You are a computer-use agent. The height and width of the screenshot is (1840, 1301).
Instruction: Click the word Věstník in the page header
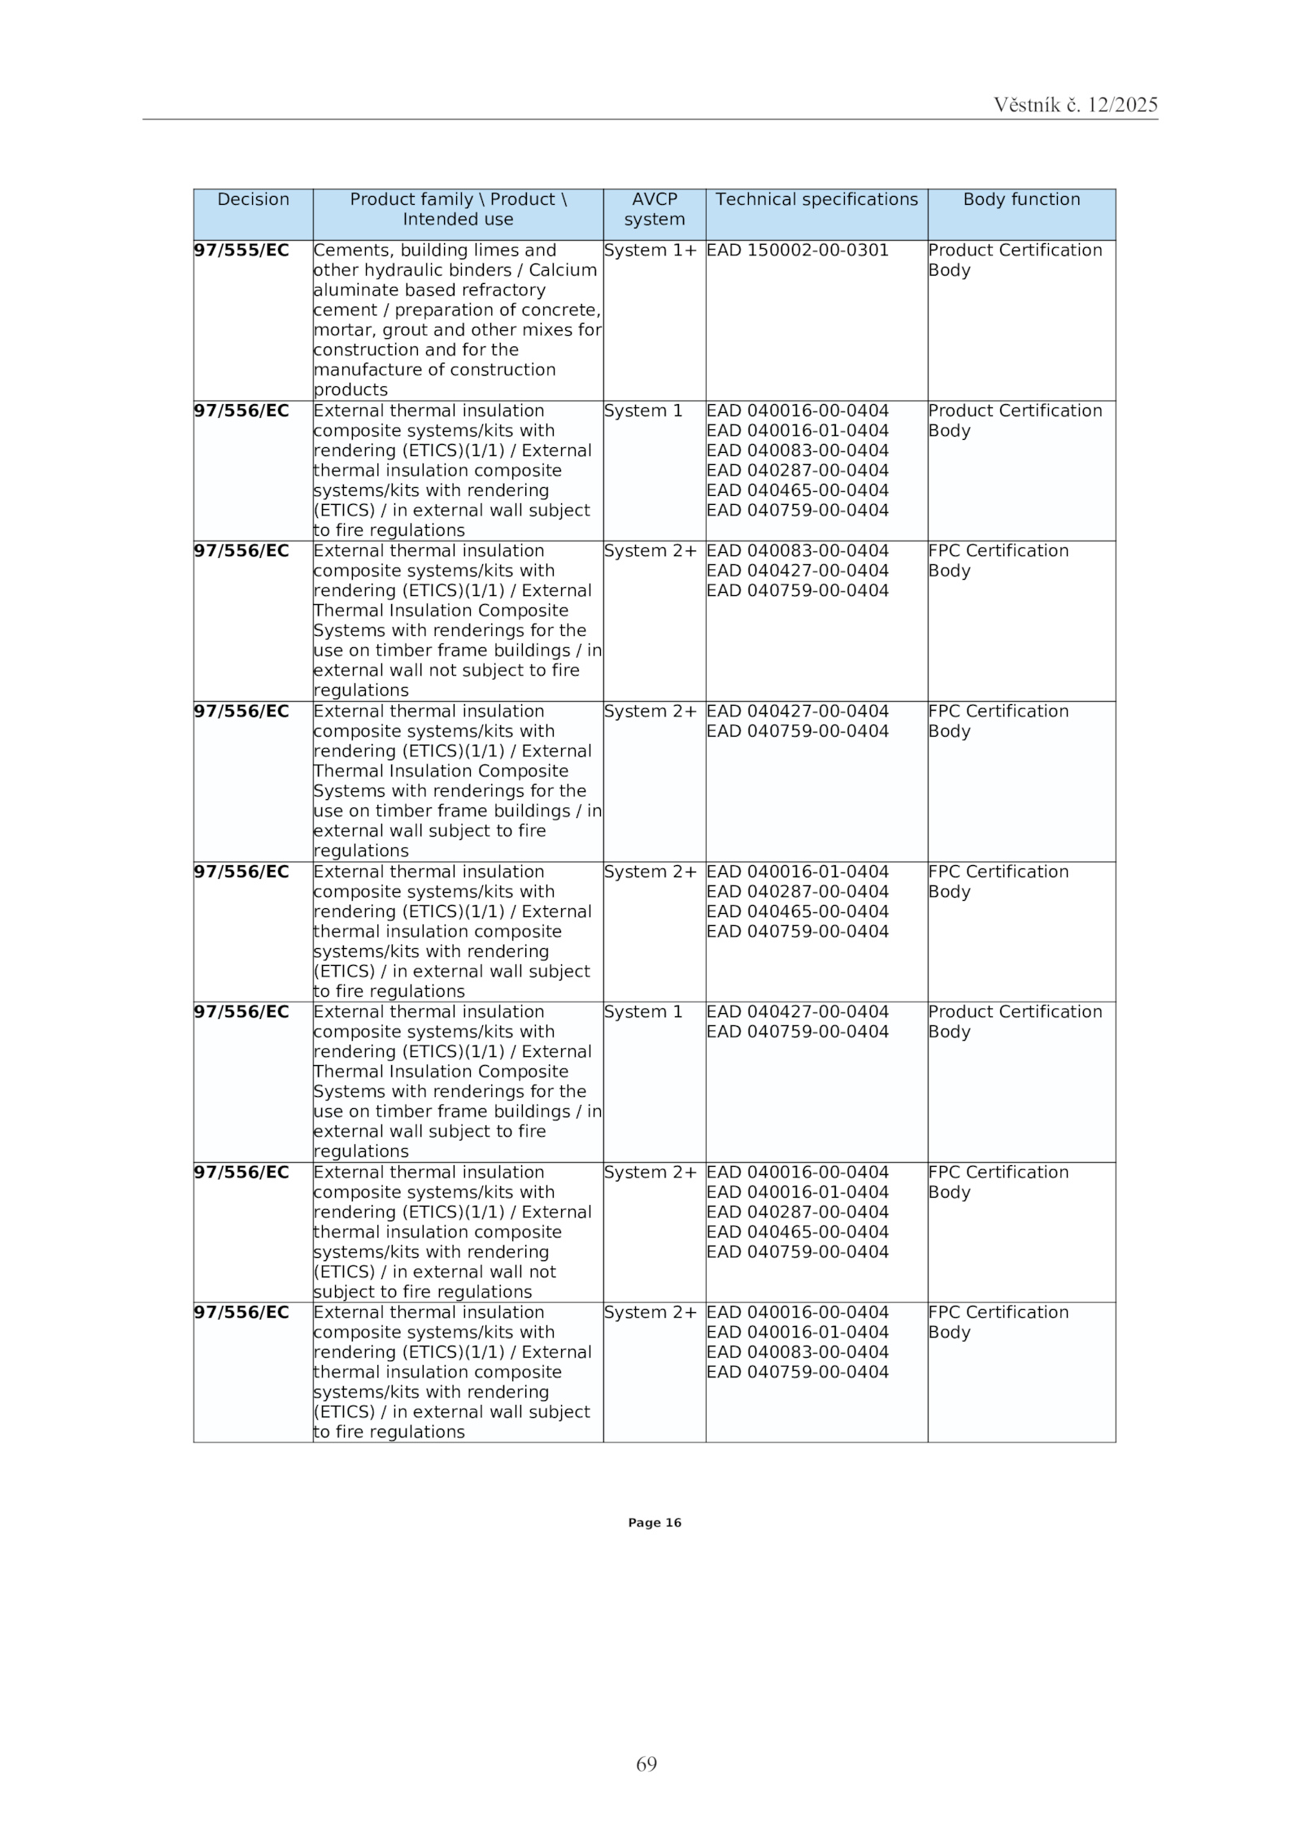(x=1026, y=105)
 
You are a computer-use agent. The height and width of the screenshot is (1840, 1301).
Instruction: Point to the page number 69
(x=646, y=1764)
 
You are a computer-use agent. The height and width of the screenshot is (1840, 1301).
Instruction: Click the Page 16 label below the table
(x=654, y=1523)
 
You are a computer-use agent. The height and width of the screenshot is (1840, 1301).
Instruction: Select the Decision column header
(x=253, y=200)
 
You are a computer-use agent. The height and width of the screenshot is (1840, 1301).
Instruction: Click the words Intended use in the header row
(x=458, y=220)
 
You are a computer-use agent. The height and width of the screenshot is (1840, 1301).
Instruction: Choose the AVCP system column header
(x=654, y=210)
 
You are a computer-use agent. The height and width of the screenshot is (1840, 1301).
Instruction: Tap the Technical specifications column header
(x=816, y=200)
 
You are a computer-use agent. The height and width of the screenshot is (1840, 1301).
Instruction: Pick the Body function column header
(x=1021, y=200)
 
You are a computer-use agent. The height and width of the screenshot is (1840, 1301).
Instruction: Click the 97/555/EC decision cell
(x=241, y=250)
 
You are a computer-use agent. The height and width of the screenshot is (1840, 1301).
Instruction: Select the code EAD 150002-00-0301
(x=797, y=250)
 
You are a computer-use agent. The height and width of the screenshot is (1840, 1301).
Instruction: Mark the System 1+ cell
(x=650, y=250)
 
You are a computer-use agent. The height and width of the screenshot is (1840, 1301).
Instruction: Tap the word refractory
(x=505, y=290)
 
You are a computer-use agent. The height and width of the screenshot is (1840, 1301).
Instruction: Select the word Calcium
(x=563, y=270)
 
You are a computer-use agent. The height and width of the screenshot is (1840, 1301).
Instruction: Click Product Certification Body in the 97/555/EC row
(x=1014, y=260)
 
